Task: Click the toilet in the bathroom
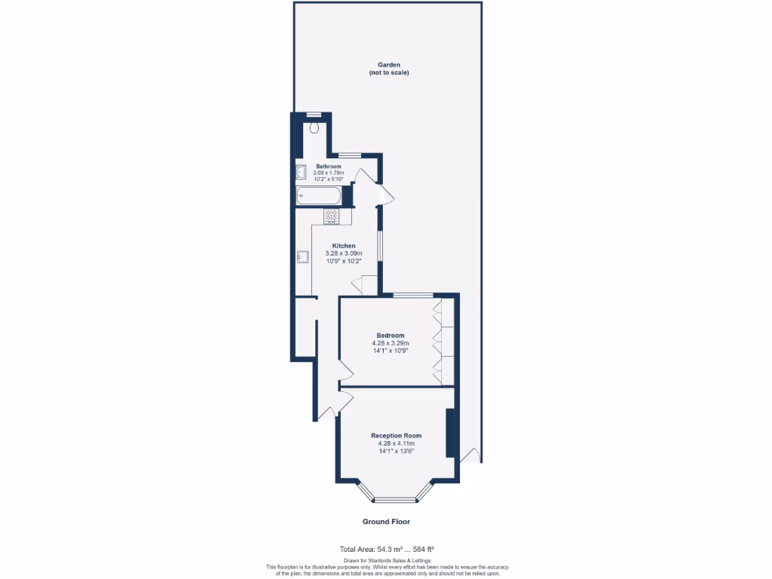click(314, 127)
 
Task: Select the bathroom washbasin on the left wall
click(300, 172)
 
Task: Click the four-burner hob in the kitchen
click(332, 216)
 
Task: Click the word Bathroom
click(329, 166)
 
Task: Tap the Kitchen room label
click(344, 246)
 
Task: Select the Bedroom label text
click(391, 335)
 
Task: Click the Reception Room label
click(396, 436)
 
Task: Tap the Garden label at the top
click(389, 65)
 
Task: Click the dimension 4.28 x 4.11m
click(396, 444)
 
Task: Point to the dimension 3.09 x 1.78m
click(329, 173)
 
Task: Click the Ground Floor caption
click(386, 522)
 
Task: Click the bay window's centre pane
click(396, 499)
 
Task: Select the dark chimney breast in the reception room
click(450, 433)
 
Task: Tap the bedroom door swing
click(345, 369)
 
